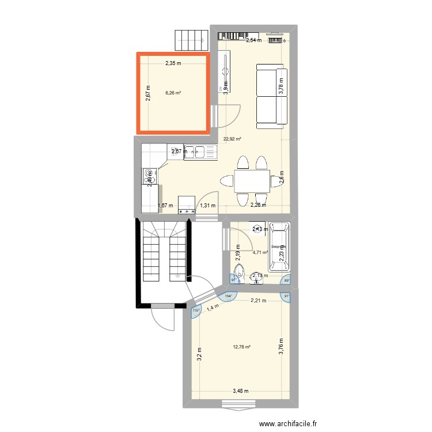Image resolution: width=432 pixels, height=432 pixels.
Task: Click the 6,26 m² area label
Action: pyautogui.click(x=173, y=93)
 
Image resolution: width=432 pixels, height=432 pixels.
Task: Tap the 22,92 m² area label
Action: pyautogui.click(x=233, y=139)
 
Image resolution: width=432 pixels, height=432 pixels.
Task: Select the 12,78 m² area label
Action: pyautogui.click(x=241, y=347)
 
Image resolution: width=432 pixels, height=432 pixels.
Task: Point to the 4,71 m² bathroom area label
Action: pyautogui.click(x=261, y=252)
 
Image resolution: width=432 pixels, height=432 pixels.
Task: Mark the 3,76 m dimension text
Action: pyautogui.click(x=281, y=347)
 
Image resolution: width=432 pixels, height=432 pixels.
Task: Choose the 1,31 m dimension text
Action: pyautogui.click(x=207, y=204)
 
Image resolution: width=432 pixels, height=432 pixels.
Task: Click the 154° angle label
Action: pyautogui.click(x=228, y=296)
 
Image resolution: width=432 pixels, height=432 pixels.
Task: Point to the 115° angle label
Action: pyautogui.click(x=195, y=311)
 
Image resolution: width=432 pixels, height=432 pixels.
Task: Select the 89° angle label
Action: pyautogui.click(x=286, y=281)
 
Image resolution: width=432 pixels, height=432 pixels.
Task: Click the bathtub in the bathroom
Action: pyautogui.click(x=281, y=245)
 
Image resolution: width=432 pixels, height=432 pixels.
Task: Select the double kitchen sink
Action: pyautogui.click(x=201, y=152)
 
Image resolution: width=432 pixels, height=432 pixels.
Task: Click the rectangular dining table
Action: pyautogui.click(x=252, y=181)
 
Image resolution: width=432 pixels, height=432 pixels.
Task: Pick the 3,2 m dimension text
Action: pyautogui.click(x=198, y=353)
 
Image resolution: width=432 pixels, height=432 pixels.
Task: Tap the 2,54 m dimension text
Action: pyautogui.click(x=253, y=40)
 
